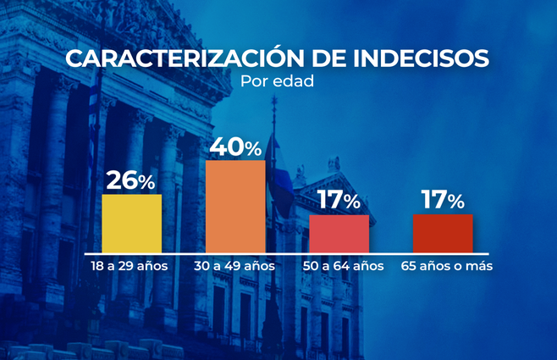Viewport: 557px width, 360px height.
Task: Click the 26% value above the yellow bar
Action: click(x=131, y=180)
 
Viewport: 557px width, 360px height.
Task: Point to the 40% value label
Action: click(x=235, y=147)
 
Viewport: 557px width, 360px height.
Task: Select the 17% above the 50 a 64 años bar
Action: click(x=339, y=201)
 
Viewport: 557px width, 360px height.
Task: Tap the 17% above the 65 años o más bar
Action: click(x=443, y=201)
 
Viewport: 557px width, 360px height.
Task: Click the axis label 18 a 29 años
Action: click(x=130, y=266)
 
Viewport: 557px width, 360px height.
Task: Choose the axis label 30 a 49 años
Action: click(x=235, y=266)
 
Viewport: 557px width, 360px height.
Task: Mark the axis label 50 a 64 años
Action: click(x=343, y=266)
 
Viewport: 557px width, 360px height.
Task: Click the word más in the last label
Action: click(x=481, y=266)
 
